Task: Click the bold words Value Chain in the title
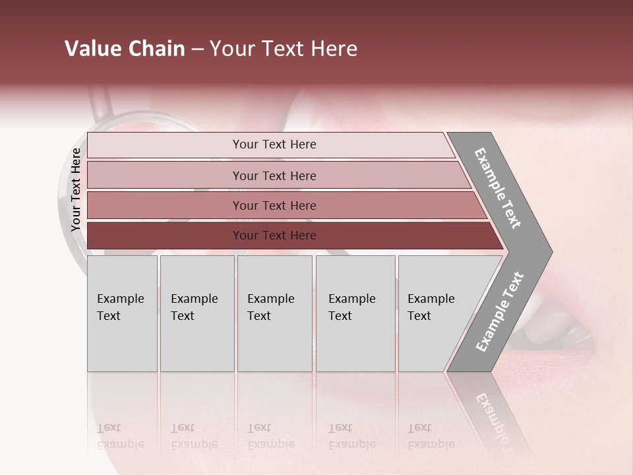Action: [x=125, y=49]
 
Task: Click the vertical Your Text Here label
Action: [x=76, y=190]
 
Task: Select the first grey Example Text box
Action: [x=122, y=314]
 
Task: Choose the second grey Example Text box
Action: [x=197, y=314]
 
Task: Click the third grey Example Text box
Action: [x=274, y=314]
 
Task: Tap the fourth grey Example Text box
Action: [x=355, y=314]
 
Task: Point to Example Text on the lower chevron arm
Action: [x=500, y=311]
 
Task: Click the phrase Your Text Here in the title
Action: [x=284, y=49]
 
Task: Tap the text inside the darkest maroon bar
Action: [x=274, y=236]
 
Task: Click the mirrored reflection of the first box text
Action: [x=121, y=436]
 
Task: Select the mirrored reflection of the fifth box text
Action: [x=431, y=436]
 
